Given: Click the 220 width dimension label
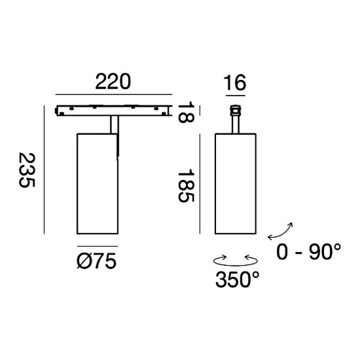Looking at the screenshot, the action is point(113,82).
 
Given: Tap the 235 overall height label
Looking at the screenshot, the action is point(27,170).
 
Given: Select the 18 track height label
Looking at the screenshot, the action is point(186,113).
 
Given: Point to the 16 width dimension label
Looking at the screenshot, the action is point(234,82).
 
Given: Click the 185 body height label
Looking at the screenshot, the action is point(186,187).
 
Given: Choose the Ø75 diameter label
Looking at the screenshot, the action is point(97,262).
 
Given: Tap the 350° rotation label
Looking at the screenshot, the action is point(238,279).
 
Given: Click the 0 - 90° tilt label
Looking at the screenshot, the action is point(309,252).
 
